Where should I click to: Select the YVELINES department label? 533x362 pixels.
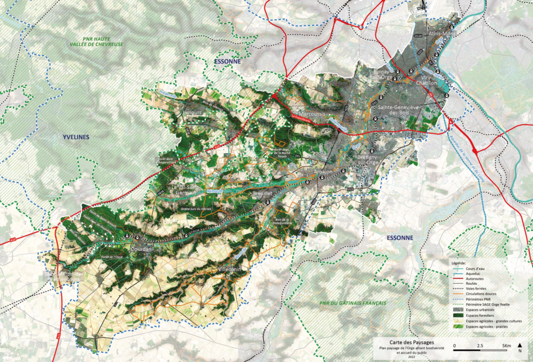click(x=75, y=137)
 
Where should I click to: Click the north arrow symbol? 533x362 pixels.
click(x=520, y=348)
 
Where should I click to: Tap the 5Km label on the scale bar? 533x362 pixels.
click(x=506, y=345)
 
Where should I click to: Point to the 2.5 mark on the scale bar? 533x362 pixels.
click(x=480, y=345)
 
